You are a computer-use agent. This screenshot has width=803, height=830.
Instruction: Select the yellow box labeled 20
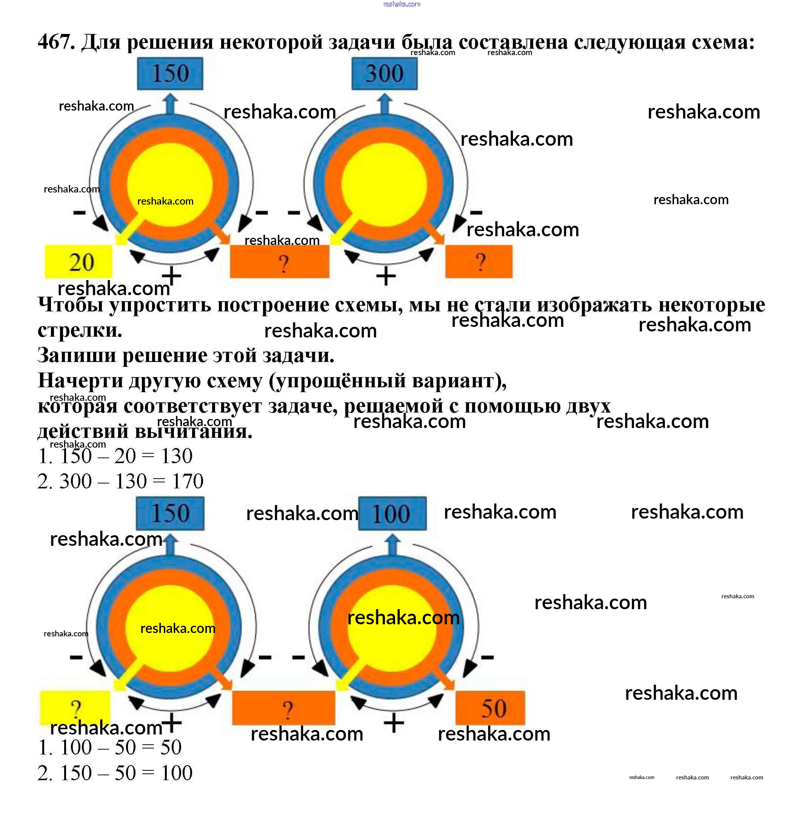(x=79, y=261)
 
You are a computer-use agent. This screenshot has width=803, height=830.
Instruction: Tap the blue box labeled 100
(x=392, y=513)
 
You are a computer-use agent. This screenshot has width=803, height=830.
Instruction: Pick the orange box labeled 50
(x=490, y=708)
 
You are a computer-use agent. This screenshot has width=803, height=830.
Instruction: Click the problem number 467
(x=56, y=42)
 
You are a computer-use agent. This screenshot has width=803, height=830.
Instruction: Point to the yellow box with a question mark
(x=75, y=708)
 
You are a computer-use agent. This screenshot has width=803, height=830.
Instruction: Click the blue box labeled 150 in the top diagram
(x=170, y=74)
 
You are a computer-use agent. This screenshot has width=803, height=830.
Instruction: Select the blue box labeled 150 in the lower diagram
(x=170, y=513)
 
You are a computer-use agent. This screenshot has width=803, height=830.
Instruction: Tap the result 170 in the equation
(x=187, y=481)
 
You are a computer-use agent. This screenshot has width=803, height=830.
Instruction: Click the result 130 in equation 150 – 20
(x=176, y=456)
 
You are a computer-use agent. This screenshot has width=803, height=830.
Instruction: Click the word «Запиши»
(x=77, y=355)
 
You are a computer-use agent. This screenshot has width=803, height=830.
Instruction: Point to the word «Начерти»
(x=80, y=380)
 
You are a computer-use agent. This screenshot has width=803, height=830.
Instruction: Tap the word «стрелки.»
(x=80, y=330)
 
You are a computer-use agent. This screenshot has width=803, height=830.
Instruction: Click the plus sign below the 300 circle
(x=386, y=276)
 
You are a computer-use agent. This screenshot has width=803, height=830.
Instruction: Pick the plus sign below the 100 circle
(x=394, y=723)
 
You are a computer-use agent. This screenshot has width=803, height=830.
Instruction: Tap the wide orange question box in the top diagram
(x=279, y=261)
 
